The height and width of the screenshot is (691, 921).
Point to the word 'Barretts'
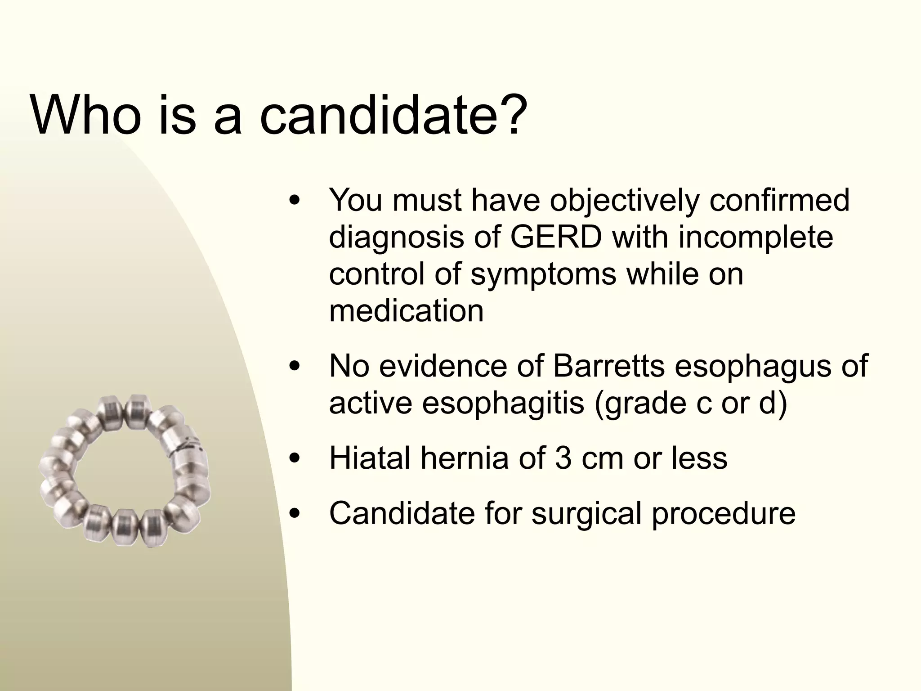[x=608, y=366]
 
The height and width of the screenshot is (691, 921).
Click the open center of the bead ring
[x=124, y=468]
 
